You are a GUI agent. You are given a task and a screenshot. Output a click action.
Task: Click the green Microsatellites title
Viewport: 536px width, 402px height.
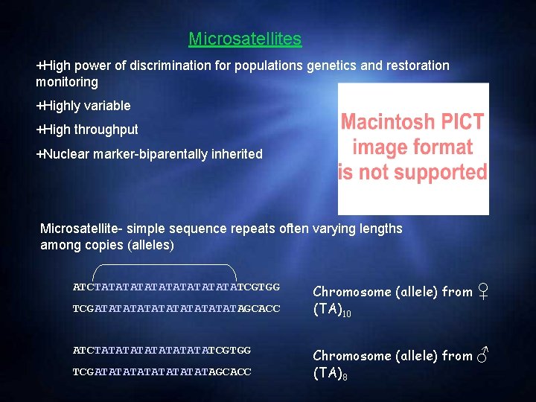click(x=245, y=39)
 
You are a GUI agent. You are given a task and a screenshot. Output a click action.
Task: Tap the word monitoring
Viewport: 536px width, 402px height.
click(x=67, y=82)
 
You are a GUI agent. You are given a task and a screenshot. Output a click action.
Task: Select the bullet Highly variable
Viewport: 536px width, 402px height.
click(x=83, y=106)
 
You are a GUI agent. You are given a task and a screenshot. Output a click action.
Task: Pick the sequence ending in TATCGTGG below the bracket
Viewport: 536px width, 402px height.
click(x=176, y=287)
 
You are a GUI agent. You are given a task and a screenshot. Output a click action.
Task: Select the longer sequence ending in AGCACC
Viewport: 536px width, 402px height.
click(x=176, y=307)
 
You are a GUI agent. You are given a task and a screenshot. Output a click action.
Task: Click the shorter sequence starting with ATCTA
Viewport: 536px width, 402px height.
click(x=162, y=350)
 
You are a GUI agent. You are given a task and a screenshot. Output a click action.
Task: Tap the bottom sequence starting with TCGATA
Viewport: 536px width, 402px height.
click(x=162, y=371)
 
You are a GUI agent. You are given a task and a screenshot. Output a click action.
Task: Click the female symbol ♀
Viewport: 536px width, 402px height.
click(x=484, y=290)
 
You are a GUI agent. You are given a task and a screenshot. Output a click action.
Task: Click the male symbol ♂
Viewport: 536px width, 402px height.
click(x=484, y=355)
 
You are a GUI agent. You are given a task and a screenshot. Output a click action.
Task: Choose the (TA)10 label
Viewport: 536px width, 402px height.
click(x=331, y=310)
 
